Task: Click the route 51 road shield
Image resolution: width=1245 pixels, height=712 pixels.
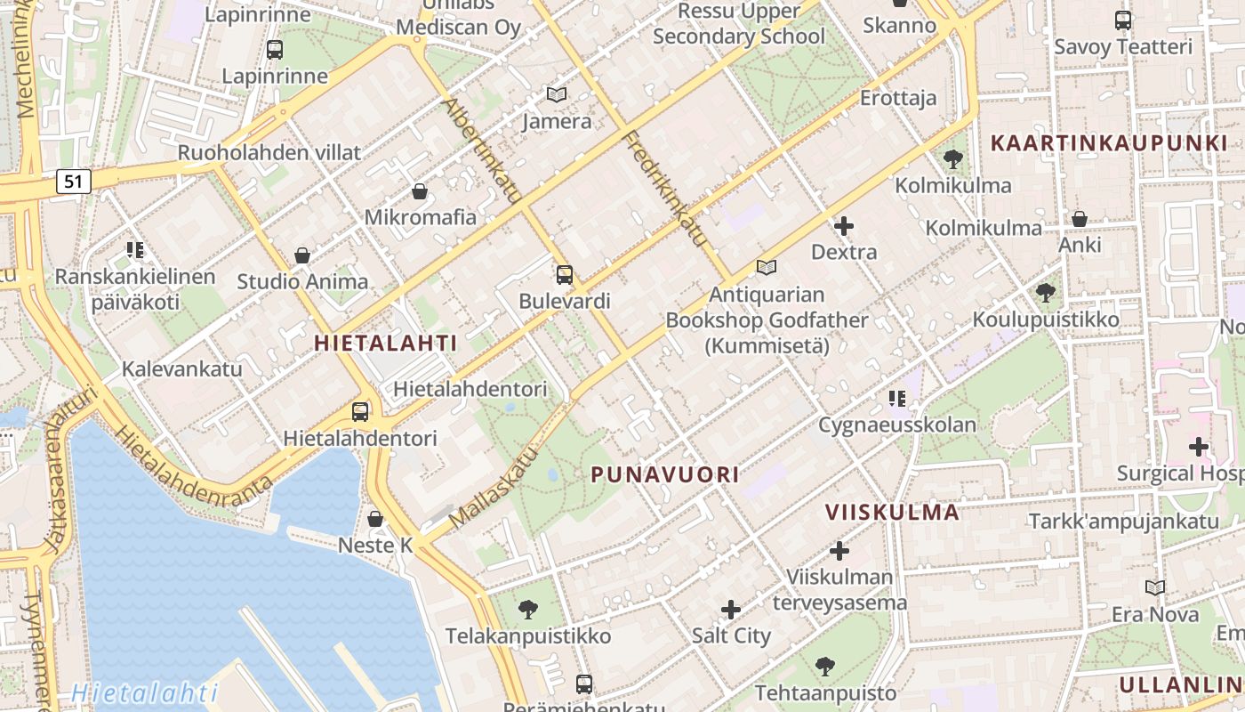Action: click(x=73, y=182)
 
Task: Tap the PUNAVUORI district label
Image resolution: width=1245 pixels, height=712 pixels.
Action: click(x=665, y=474)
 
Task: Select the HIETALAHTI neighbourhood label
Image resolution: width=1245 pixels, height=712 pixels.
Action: click(x=386, y=343)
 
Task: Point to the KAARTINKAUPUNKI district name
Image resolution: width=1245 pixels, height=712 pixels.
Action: click(x=1108, y=142)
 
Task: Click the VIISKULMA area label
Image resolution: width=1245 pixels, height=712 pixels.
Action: click(x=892, y=512)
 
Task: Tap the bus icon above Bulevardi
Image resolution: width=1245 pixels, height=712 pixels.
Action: click(x=564, y=274)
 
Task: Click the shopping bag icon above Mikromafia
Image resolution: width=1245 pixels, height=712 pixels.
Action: click(x=420, y=190)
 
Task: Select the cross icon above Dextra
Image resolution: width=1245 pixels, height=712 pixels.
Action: click(x=844, y=226)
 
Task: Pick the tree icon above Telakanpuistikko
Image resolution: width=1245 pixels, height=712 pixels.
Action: click(x=528, y=610)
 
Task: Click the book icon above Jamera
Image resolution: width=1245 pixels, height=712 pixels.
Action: click(x=557, y=94)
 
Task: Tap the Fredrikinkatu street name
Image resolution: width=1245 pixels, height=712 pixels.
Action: click(x=664, y=188)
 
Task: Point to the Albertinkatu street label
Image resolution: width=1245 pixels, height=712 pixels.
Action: click(x=481, y=151)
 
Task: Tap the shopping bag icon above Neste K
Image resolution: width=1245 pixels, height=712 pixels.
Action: click(x=375, y=518)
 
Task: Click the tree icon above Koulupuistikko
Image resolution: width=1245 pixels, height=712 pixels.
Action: click(x=1046, y=292)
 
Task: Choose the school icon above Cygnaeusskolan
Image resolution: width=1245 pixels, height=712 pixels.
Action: click(x=896, y=398)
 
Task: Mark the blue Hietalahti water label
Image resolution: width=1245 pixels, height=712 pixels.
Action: click(x=145, y=692)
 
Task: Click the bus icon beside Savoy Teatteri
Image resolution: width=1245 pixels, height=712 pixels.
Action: click(x=1123, y=20)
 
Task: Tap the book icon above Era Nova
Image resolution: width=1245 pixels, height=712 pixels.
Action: click(x=1154, y=587)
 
